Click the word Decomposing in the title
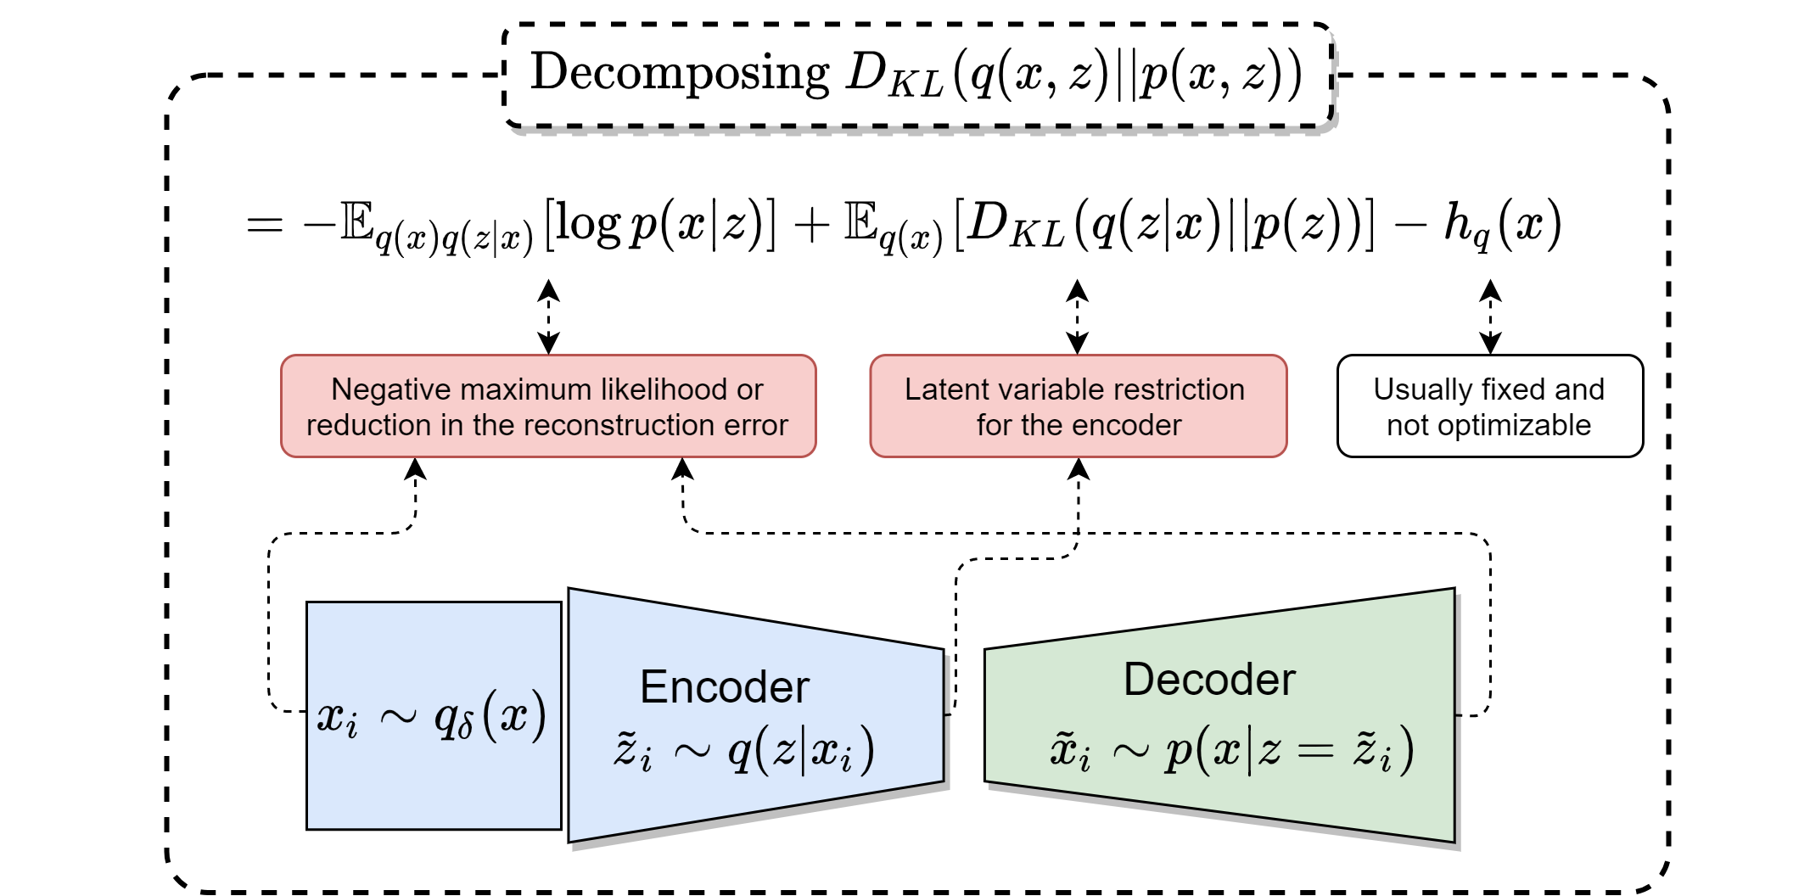point(680,73)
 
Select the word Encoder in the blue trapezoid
point(725,686)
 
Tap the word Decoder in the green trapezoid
point(1209,680)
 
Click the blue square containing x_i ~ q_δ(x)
point(434,715)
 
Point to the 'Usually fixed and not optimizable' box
point(1490,406)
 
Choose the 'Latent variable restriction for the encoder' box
point(1079,406)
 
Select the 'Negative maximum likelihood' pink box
point(548,406)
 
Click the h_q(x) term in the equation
point(1502,226)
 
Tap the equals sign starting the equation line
point(264,225)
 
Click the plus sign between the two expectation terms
point(811,226)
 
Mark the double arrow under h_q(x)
point(1490,317)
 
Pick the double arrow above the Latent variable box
point(1078,317)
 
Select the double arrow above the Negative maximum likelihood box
point(549,317)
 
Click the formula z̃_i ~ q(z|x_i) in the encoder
point(743,749)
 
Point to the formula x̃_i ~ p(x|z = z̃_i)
point(1232,749)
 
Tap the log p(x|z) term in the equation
point(660,225)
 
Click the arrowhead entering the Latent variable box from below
point(1079,469)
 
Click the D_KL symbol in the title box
point(894,75)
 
